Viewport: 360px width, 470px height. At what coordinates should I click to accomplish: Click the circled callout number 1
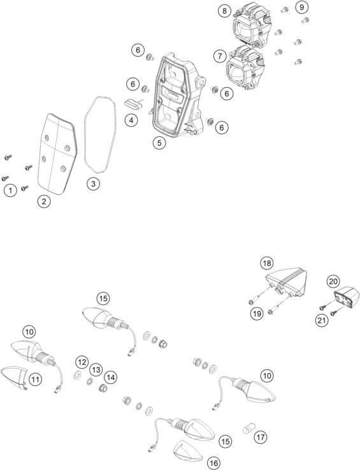pos(10,190)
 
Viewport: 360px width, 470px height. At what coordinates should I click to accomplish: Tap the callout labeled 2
pos(44,201)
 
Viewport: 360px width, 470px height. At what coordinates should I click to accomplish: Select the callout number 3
pos(93,184)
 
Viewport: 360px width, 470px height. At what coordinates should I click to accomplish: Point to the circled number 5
pos(159,143)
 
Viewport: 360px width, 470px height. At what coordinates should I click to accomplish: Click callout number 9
pos(301,7)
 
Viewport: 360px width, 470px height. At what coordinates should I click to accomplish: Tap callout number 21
pos(322,320)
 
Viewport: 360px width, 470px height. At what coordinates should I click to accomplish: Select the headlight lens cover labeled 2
pos(57,153)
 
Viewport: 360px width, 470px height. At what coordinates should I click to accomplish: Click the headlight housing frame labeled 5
pos(177,96)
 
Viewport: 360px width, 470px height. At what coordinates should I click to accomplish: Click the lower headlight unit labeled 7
pos(245,68)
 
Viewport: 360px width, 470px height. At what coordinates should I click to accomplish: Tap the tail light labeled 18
pos(287,281)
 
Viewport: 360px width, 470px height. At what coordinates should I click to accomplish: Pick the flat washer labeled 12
pos(77,374)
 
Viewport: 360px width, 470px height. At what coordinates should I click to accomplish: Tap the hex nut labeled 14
pos(103,388)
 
